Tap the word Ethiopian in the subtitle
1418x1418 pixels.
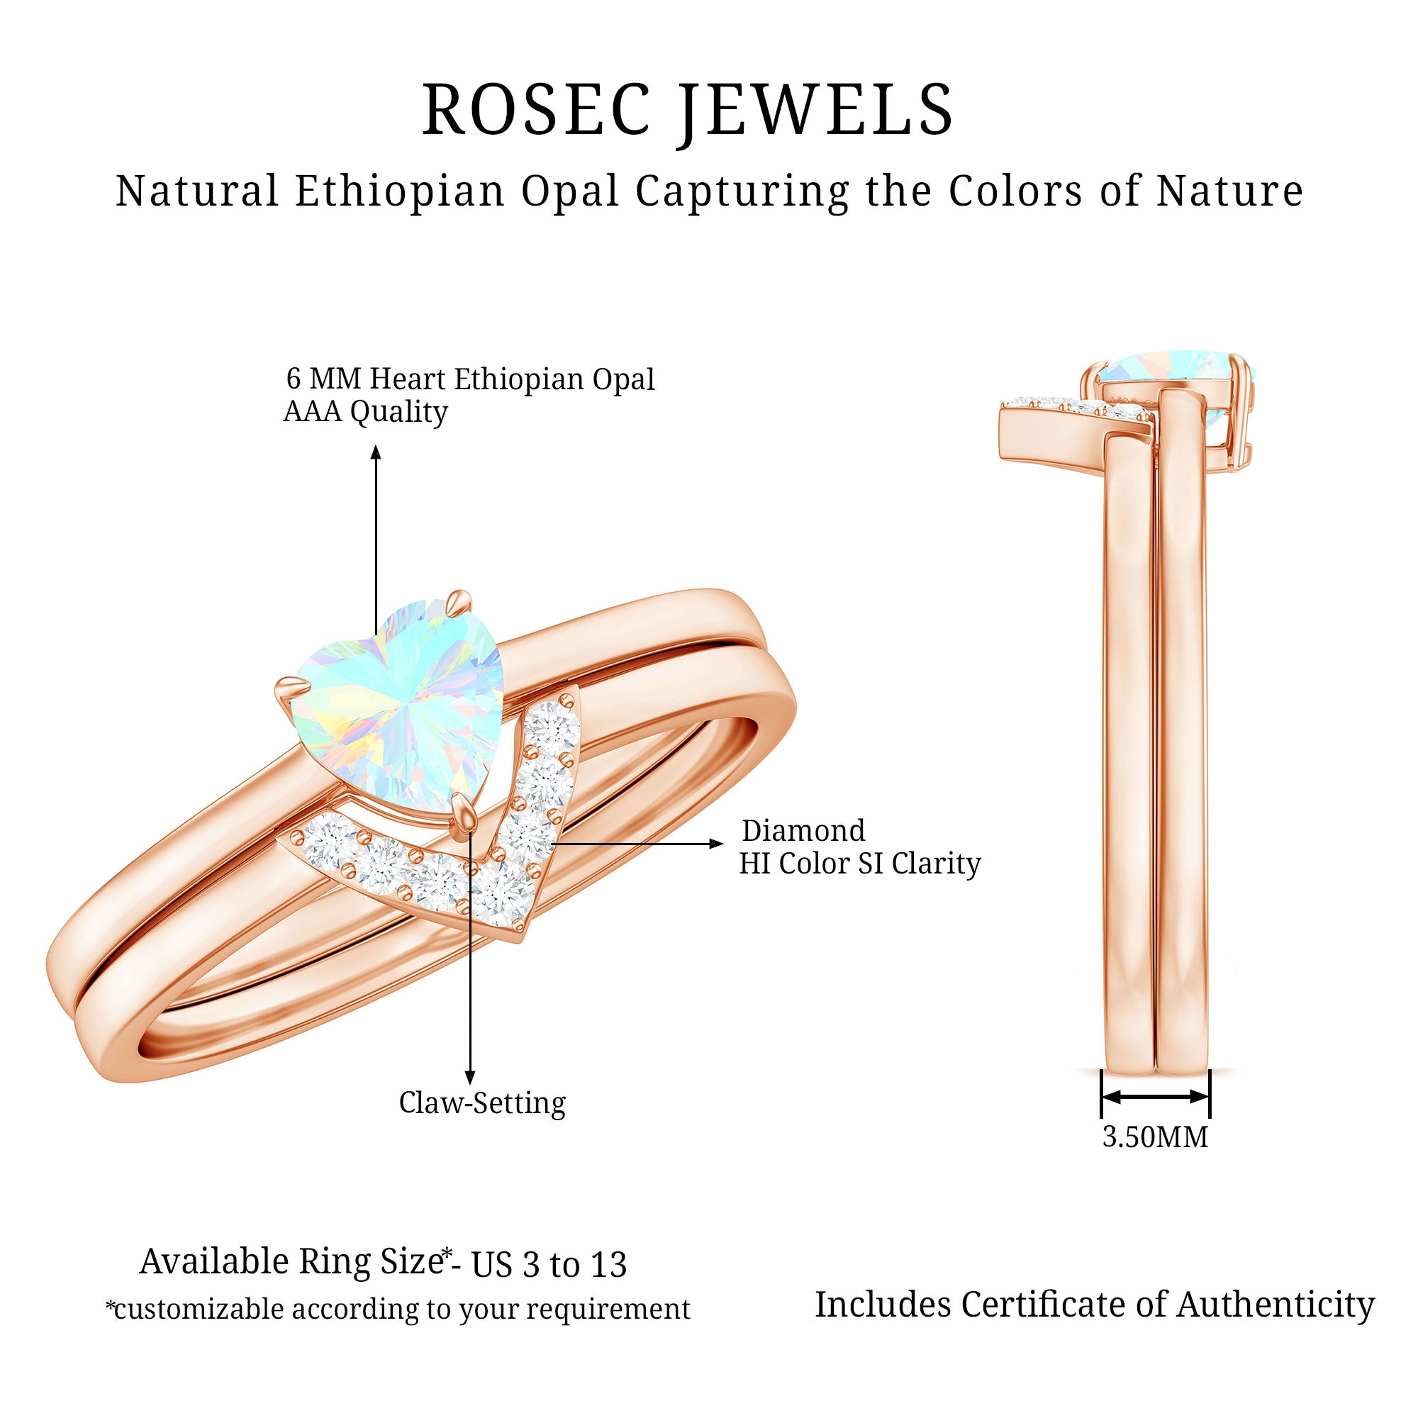click(400, 191)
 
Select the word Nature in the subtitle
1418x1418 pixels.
click(1229, 191)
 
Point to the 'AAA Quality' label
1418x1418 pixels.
click(366, 413)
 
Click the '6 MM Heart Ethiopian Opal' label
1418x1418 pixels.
click(470, 379)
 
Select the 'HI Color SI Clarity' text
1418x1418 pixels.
click(859, 864)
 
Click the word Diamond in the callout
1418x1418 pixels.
click(803, 831)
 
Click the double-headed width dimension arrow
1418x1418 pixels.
click(1155, 1117)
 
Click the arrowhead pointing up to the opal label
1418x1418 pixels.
click(376, 452)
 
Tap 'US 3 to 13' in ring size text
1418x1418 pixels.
click(548, 1265)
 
